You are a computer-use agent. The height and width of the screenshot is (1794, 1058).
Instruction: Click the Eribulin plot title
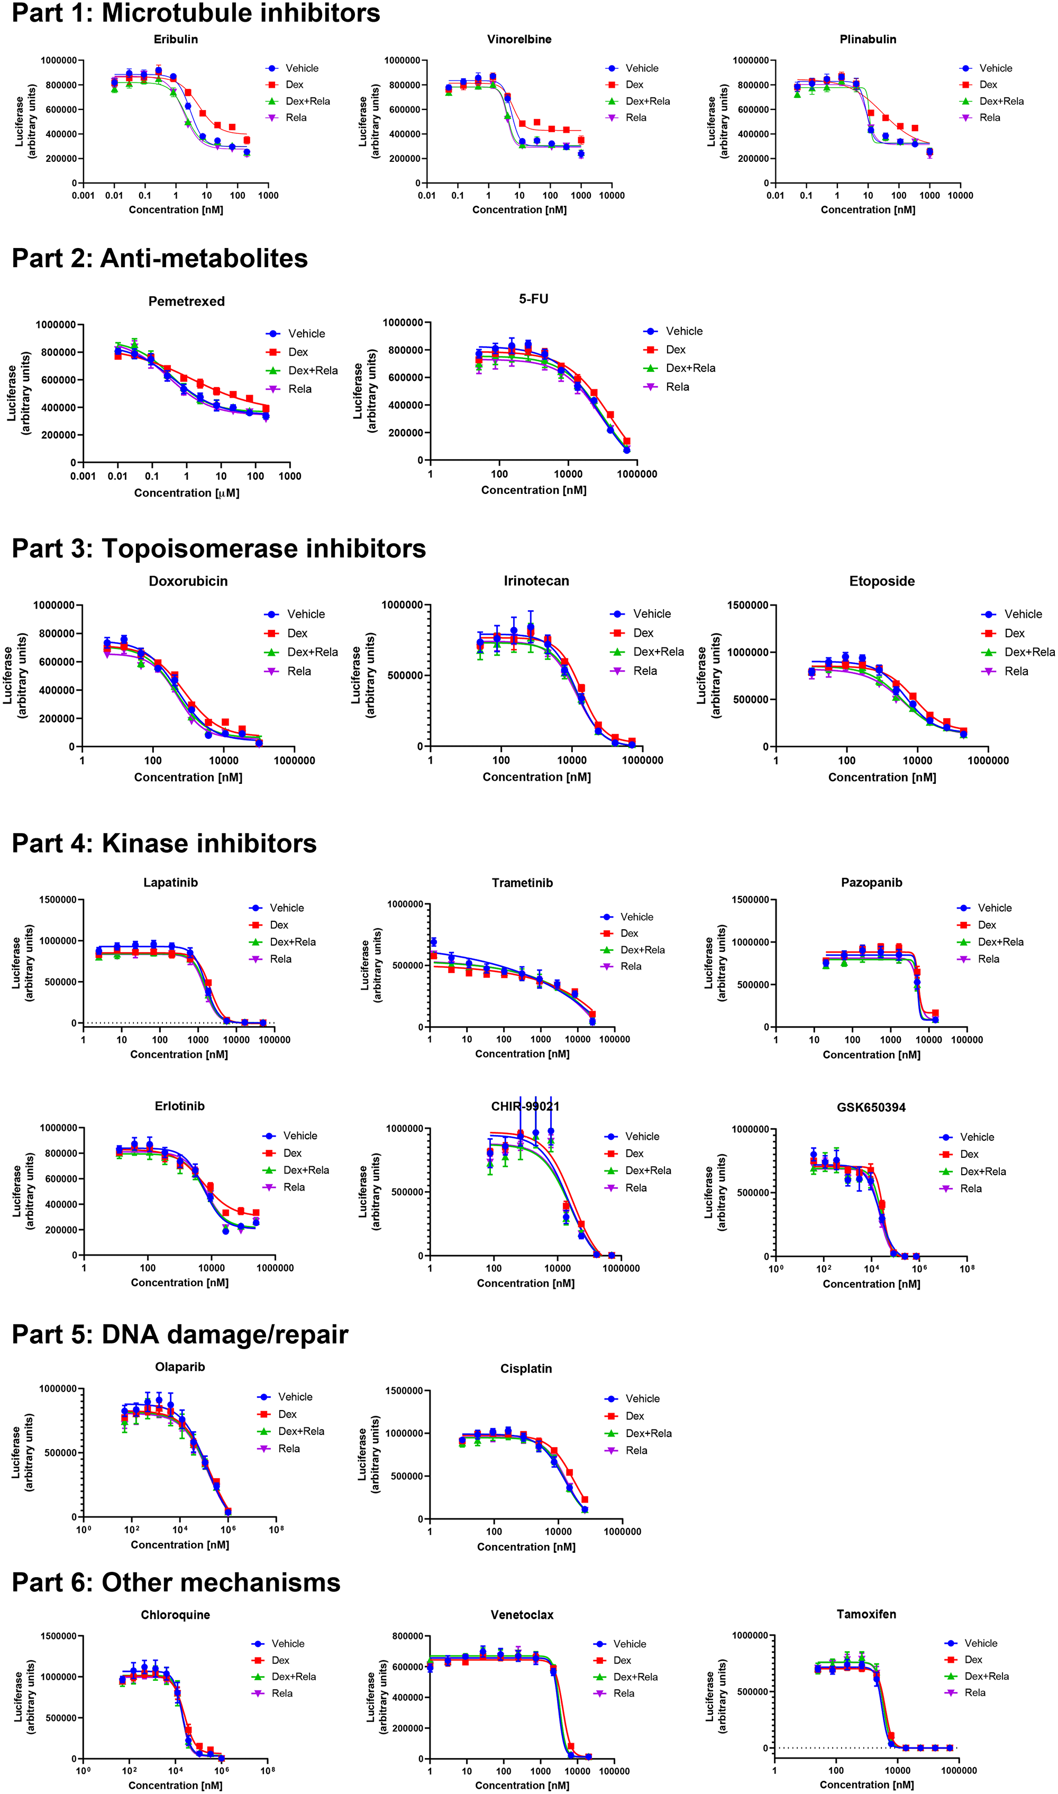176,39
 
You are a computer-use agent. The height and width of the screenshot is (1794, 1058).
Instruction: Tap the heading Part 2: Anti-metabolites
160,259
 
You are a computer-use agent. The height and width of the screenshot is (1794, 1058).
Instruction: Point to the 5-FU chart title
533,299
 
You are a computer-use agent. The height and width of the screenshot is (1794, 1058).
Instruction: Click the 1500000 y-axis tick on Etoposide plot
747,605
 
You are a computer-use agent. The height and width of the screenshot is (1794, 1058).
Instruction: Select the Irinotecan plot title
536,581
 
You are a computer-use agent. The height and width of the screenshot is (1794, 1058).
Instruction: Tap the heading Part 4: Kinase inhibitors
164,843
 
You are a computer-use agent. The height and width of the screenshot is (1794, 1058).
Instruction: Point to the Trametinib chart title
522,883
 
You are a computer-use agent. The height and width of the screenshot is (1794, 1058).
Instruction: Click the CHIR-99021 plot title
525,1106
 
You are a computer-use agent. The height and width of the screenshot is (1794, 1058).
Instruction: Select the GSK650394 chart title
871,1107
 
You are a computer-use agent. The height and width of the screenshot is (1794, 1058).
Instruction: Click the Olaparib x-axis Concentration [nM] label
180,1544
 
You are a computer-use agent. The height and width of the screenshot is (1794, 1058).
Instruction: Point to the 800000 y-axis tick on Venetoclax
408,1636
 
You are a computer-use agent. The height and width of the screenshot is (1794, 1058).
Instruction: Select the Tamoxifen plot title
866,1614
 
